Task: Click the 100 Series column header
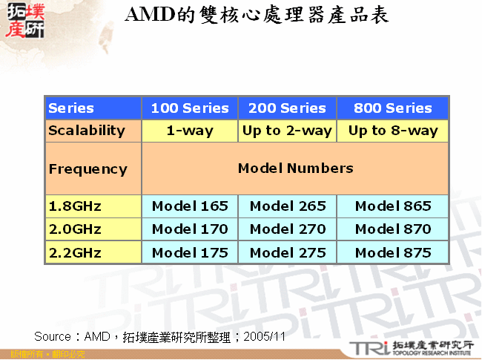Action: pyautogui.click(x=190, y=108)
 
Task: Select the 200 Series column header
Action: pyautogui.click(x=287, y=108)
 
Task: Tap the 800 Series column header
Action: pyautogui.click(x=392, y=108)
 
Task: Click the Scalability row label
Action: pyautogui.click(x=87, y=131)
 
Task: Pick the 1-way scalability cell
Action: pyautogui.click(x=190, y=131)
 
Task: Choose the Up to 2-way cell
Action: pyautogui.click(x=287, y=131)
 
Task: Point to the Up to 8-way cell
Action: pyautogui.click(x=393, y=131)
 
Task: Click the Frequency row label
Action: pyautogui.click(x=88, y=169)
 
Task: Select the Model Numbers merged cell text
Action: pyautogui.click(x=295, y=168)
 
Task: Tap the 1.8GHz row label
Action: pyautogui.click(x=75, y=206)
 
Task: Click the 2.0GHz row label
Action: pyautogui.click(x=75, y=229)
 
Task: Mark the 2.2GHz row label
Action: pyautogui.click(x=75, y=253)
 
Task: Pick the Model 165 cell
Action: pyautogui.click(x=190, y=206)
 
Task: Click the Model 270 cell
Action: pyautogui.click(x=287, y=229)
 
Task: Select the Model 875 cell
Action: pyautogui.click(x=393, y=253)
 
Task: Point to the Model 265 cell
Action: pyautogui.click(x=287, y=206)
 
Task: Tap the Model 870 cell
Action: pyautogui.click(x=393, y=229)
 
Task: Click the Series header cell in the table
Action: pyautogui.click(x=71, y=108)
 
